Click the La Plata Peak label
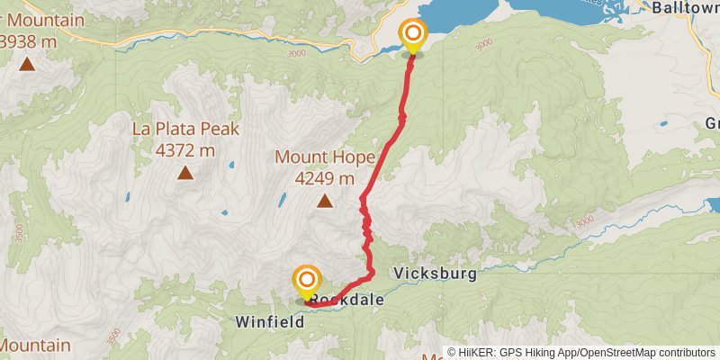tap(185, 129)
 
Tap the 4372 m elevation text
tap(185, 150)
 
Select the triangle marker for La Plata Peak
tap(185, 173)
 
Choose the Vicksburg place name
tap(434, 274)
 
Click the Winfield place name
tap(266, 321)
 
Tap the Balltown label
tap(686, 8)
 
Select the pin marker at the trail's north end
tap(413, 36)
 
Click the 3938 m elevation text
tap(30, 40)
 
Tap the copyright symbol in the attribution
tap(452, 353)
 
